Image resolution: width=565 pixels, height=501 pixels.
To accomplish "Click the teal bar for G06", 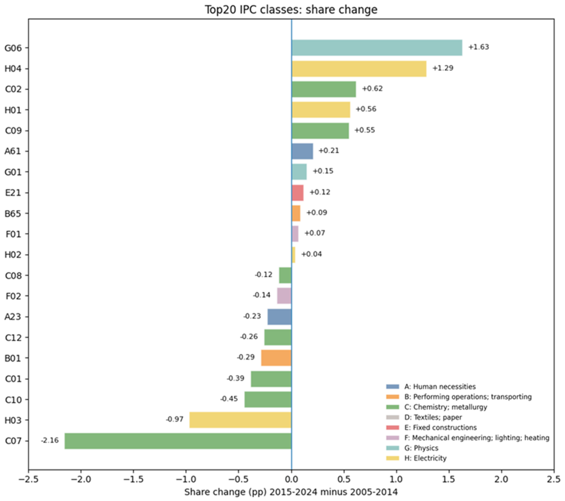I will pos(377,47).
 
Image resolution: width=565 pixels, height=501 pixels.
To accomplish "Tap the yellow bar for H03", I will pos(240,420).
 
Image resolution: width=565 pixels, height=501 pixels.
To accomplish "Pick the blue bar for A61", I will pos(302,151).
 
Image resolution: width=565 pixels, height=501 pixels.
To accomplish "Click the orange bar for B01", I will pos(276,358).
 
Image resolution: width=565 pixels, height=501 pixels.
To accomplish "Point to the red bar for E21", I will pos(297,193).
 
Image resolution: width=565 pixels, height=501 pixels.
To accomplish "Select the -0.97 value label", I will pos(174,419).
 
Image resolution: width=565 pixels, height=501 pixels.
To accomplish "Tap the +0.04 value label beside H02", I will pos(311,254).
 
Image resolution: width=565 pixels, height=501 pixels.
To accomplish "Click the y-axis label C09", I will pos(13,130).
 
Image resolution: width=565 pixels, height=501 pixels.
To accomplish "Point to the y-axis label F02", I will pos(13,296).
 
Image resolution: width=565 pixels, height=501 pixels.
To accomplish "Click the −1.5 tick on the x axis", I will pos(133,479).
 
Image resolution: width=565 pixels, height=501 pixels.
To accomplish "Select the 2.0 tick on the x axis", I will pos(501,479).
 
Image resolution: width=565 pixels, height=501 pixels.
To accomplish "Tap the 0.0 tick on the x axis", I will pos(291,479).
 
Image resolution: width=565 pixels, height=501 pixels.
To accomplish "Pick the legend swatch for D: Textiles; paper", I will pos(392,417).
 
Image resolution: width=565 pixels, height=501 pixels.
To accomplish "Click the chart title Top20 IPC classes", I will pos(291,10).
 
